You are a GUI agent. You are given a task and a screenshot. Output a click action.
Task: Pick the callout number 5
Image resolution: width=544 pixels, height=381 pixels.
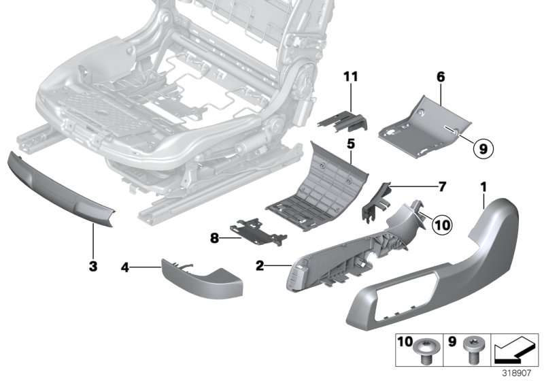[351, 144]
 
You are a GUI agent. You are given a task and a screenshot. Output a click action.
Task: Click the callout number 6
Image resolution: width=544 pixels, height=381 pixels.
[441, 78]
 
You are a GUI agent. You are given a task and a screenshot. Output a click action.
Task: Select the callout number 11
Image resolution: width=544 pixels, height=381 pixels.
[350, 78]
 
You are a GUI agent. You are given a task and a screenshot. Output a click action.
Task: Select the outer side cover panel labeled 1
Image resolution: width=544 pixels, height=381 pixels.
[435, 272]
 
